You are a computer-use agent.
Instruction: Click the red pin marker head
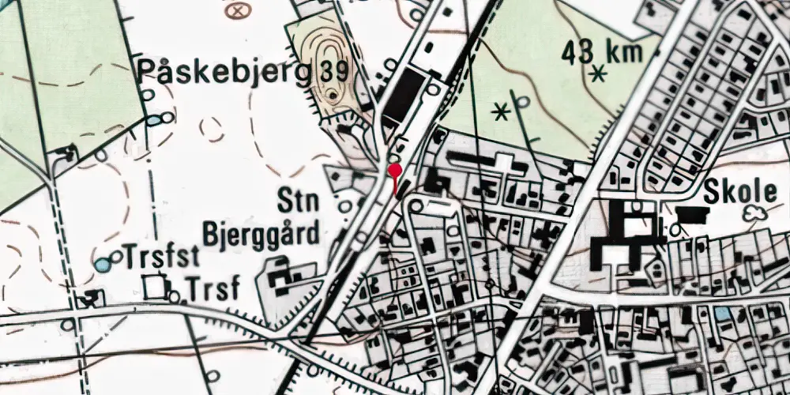tap(394, 169)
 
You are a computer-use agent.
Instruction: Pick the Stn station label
tap(298, 201)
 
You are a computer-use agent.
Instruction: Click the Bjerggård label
tap(261, 234)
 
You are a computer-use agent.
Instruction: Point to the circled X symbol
tap(235, 11)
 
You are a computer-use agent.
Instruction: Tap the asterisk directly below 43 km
tap(599, 75)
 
